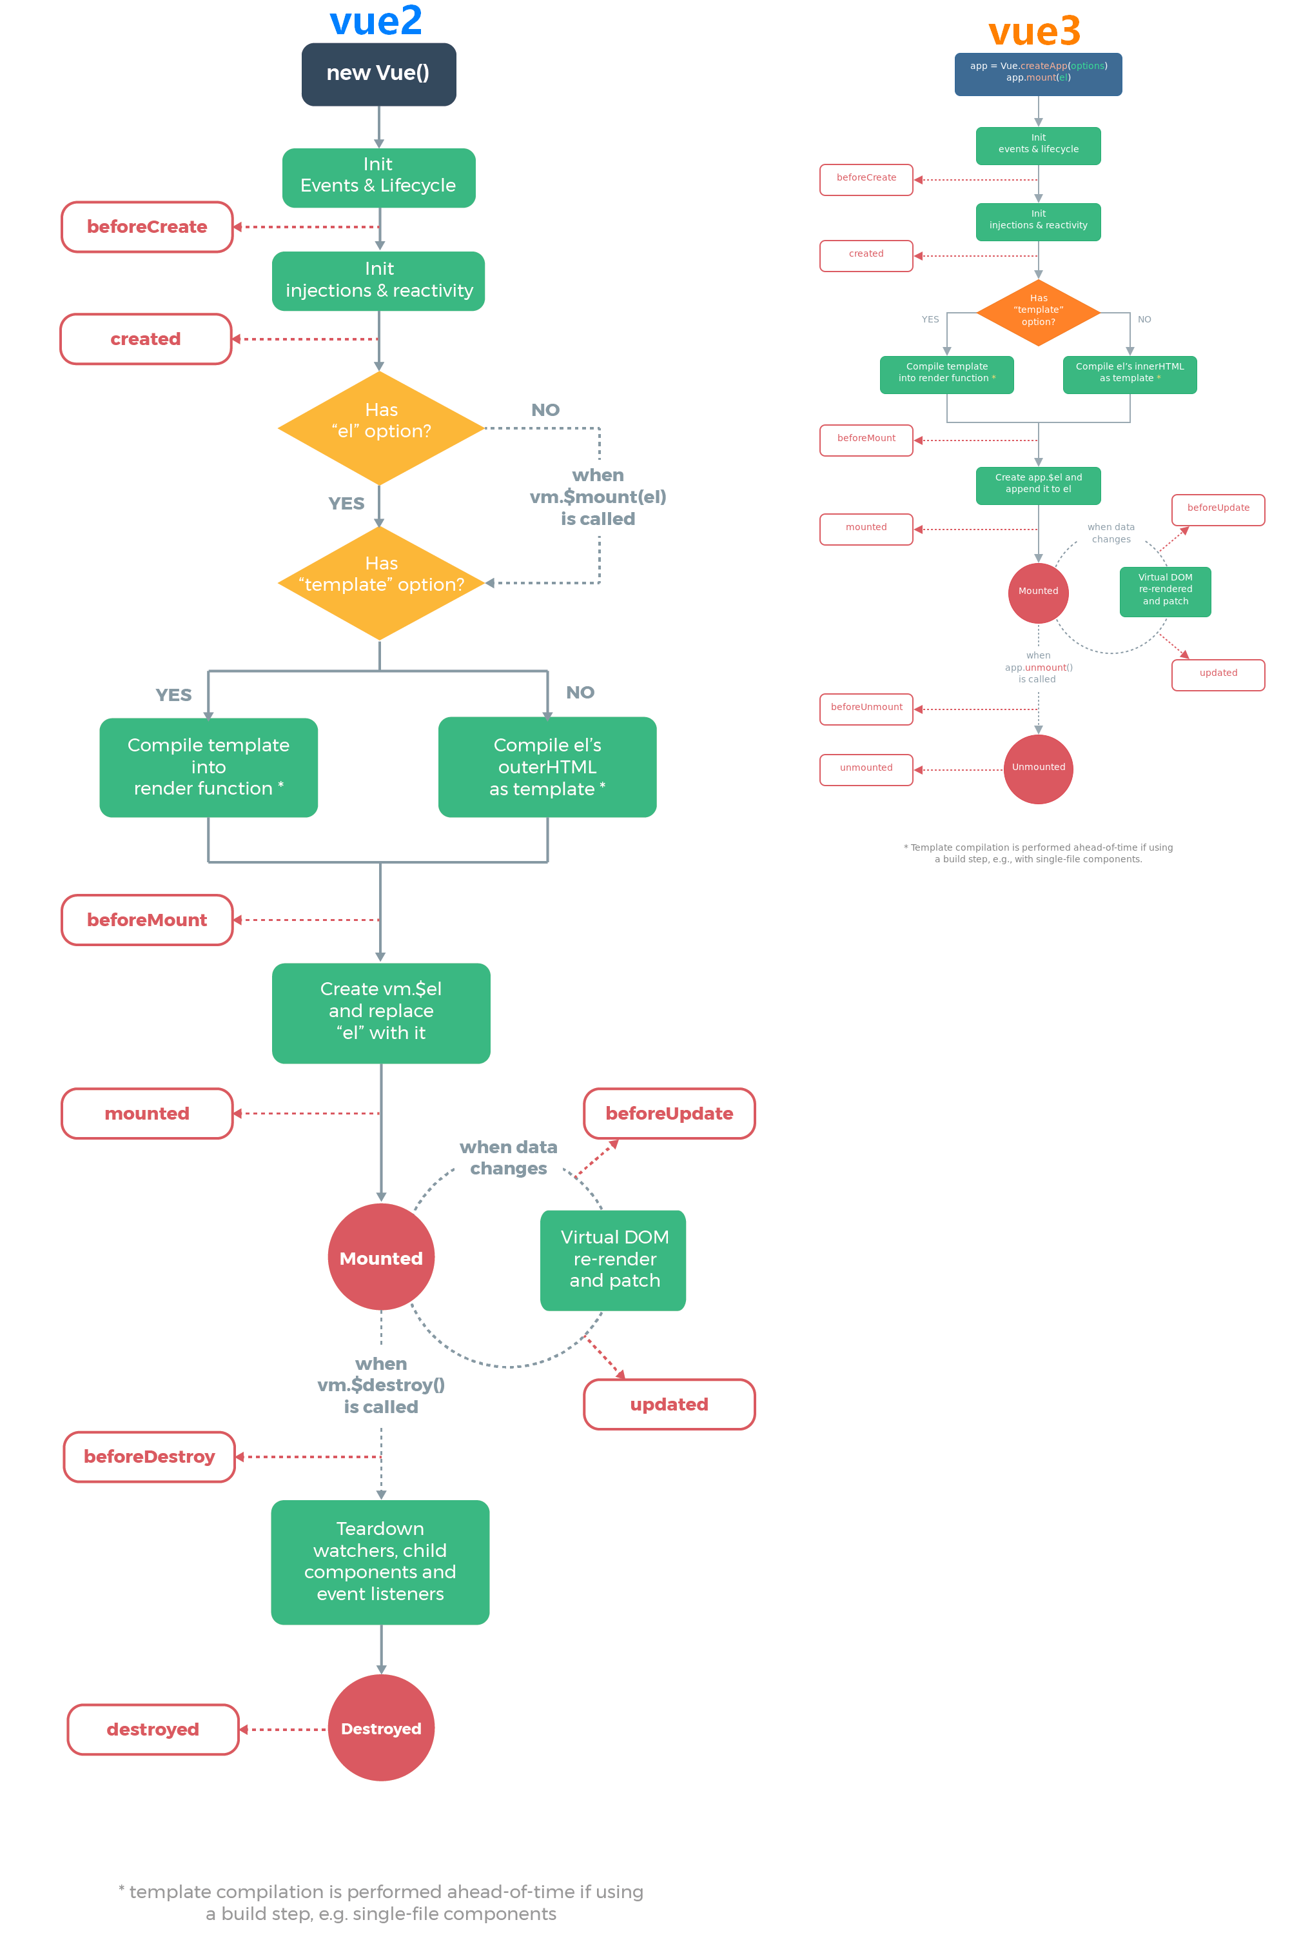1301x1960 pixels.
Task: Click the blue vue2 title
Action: click(x=376, y=21)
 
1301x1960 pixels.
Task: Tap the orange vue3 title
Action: click(x=1034, y=32)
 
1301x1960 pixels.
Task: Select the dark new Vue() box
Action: click(x=378, y=74)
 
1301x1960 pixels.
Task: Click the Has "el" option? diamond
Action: click(x=381, y=428)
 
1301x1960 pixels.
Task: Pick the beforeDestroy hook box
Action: click(x=150, y=1456)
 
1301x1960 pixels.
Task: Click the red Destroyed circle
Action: click(x=381, y=1728)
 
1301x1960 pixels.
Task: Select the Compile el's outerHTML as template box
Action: click(x=547, y=767)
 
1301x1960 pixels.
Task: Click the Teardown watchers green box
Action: click(x=380, y=1561)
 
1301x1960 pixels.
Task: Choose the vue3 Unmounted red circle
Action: click(x=1038, y=767)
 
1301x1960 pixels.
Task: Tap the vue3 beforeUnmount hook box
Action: click(x=866, y=708)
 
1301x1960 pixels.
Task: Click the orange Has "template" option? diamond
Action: click(x=1038, y=311)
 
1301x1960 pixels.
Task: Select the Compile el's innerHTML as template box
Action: click(x=1130, y=373)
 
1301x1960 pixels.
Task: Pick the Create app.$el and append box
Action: click(x=1038, y=484)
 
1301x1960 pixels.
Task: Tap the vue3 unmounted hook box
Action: click(x=866, y=768)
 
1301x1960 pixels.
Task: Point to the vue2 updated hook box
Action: click(x=669, y=1404)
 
